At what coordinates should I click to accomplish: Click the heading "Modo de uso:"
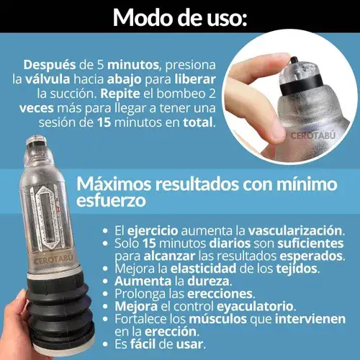pos(180,17)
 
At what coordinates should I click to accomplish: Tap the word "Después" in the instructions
pos(49,65)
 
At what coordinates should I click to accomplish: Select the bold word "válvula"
pos(48,79)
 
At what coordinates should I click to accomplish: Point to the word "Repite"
pos(120,94)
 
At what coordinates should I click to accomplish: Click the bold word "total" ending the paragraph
pos(198,122)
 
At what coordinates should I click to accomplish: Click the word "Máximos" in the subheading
pos(114,184)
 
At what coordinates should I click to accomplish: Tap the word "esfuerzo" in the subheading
pos(111,200)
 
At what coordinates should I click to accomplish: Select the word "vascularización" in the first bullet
pos(295,231)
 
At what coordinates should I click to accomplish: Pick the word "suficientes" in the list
pos(310,243)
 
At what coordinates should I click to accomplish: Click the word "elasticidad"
pos(203,269)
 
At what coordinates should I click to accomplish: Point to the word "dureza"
pos(208,281)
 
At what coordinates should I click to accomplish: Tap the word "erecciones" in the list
pos(220,294)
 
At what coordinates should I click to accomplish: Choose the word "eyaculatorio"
pos(255,307)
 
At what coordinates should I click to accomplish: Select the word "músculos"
pos(217,319)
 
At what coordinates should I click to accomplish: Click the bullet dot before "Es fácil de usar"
pos(105,345)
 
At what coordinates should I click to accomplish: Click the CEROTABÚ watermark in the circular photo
pos(312,135)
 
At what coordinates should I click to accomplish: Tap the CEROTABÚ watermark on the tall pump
pos(53,260)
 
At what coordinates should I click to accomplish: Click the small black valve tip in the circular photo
pos(294,60)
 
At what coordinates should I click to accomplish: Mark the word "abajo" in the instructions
pos(124,80)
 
